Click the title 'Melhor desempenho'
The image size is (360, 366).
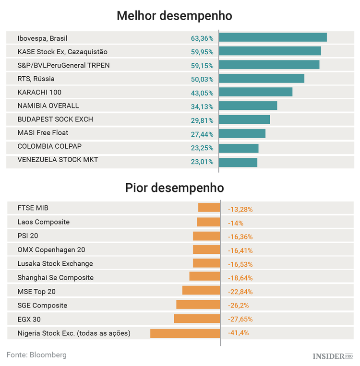pyautogui.click(x=175, y=15)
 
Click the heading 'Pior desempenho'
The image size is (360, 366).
pyautogui.click(x=175, y=187)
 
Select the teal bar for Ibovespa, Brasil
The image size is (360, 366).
pyautogui.click(x=273, y=37)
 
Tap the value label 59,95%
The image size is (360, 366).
pyautogui.click(x=202, y=51)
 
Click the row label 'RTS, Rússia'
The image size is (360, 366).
pyautogui.click(x=36, y=79)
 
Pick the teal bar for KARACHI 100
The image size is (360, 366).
pyautogui.click(x=255, y=92)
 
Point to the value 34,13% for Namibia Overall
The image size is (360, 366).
pyautogui.click(x=202, y=106)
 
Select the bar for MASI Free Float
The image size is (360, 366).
pyautogui.click(x=242, y=134)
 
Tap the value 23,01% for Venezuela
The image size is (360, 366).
pyautogui.click(x=202, y=162)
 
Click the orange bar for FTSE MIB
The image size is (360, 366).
pyautogui.click(x=209, y=208)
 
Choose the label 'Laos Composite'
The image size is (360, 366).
pyautogui.click(x=44, y=222)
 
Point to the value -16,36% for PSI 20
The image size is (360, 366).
pyautogui.click(x=240, y=236)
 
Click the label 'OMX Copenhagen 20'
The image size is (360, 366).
pyautogui.click(x=51, y=250)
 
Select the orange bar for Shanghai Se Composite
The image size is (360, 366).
pyautogui.click(x=204, y=277)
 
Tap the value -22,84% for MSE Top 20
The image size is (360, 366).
pyautogui.click(x=240, y=292)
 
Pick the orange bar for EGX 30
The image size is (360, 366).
pyautogui.click(x=197, y=319)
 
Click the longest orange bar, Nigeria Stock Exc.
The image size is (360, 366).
pyautogui.click(x=185, y=333)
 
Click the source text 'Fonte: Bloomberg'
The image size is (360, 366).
pyautogui.click(x=36, y=355)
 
